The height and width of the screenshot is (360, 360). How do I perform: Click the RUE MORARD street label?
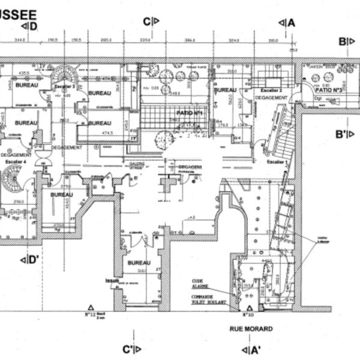point(251,329)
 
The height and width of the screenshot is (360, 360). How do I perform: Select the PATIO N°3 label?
point(328,89)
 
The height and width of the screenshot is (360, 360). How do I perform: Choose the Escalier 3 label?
point(65,86)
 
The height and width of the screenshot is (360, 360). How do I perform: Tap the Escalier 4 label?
point(13,161)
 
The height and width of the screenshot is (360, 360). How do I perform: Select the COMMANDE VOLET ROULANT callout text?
point(205,299)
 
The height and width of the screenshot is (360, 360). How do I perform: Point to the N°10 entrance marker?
point(246,314)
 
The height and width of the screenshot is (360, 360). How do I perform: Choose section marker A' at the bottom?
point(250,349)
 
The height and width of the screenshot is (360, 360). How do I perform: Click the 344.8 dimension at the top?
point(20,41)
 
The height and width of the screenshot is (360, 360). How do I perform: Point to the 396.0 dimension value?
point(191,41)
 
